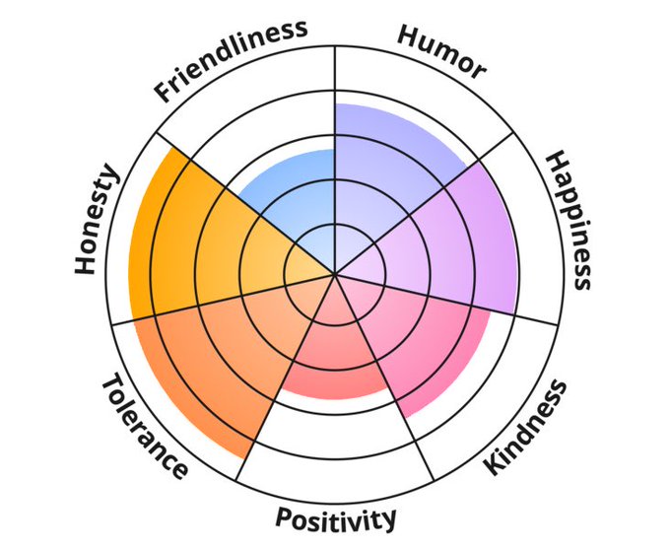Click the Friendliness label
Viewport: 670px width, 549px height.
(231, 60)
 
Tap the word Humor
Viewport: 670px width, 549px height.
(441, 52)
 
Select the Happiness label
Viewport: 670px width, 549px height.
(569, 219)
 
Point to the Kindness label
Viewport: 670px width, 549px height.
(527, 427)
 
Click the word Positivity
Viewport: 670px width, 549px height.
(336, 517)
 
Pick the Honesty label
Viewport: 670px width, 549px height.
(97, 221)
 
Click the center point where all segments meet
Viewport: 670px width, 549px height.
(335, 274)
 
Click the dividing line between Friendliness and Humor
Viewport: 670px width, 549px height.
(335, 79)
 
